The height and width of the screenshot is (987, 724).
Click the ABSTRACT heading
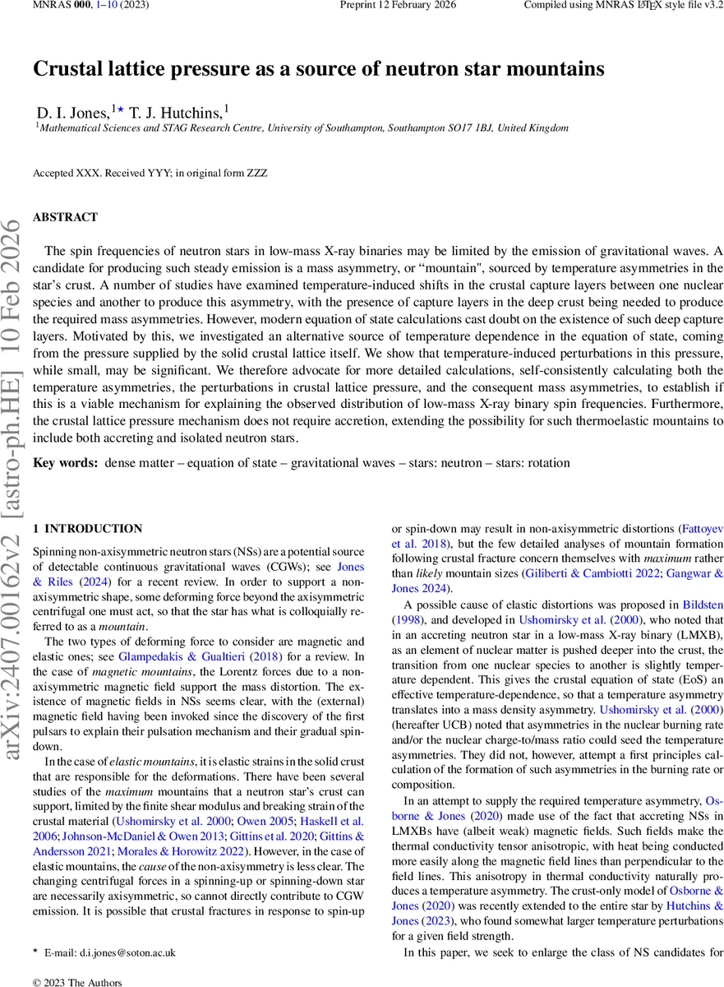click(65, 217)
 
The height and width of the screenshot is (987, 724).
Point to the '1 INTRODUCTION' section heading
click(87, 529)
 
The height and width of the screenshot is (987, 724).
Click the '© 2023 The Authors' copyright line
click(77, 981)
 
